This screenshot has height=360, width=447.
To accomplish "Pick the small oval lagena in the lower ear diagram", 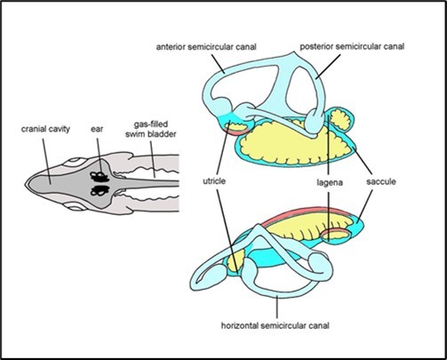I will click(x=339, y=235).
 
